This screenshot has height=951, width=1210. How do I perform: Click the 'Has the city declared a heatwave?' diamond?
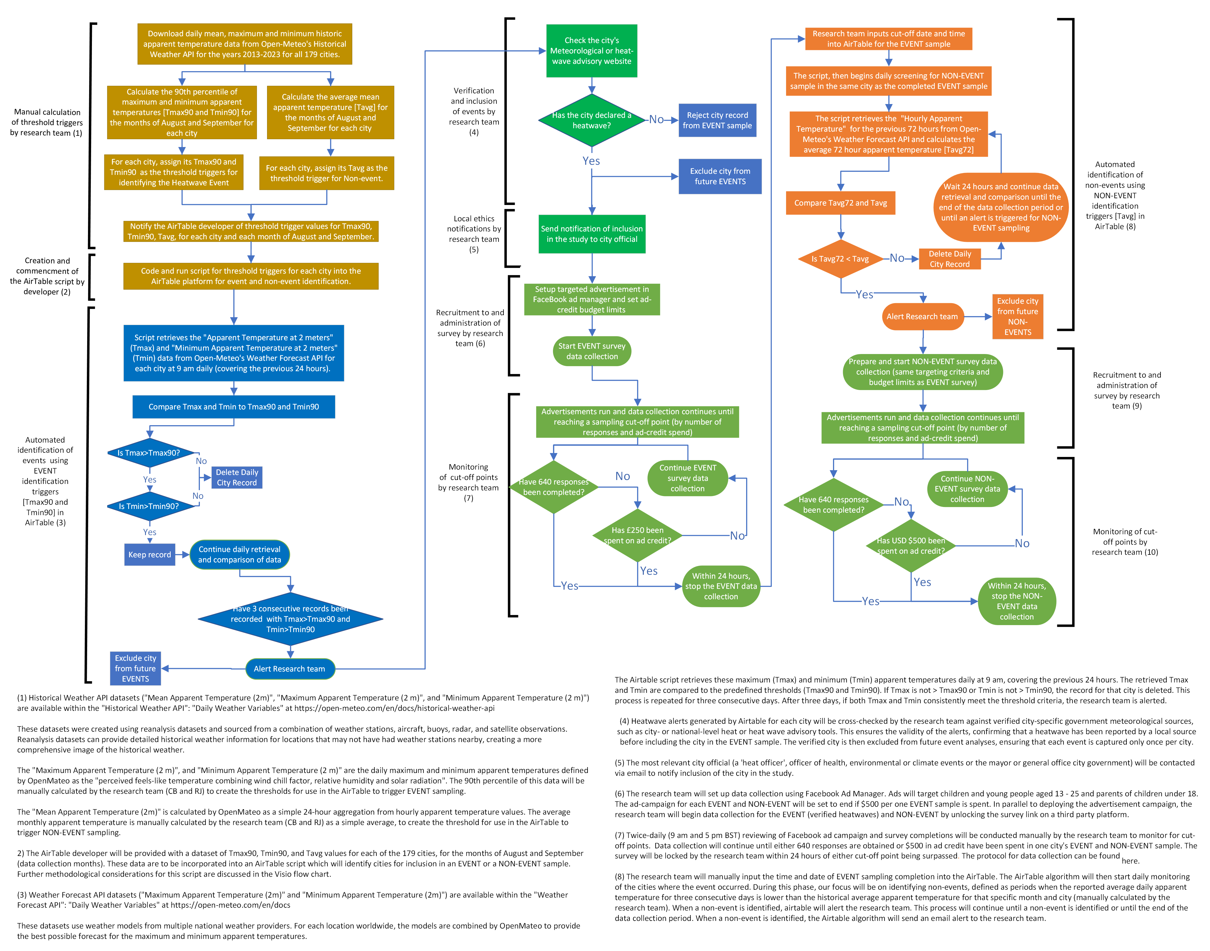[591, 120]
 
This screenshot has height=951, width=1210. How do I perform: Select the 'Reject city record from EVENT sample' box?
[717, 120]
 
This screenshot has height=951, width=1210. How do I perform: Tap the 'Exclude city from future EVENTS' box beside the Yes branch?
[720, 177]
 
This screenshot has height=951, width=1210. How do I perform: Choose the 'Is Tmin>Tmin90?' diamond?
[149, 506]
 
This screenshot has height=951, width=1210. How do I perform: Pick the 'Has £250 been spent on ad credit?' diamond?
[637, 536]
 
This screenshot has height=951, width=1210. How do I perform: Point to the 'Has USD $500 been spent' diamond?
[911, 546]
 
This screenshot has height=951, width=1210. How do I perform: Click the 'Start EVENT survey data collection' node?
[592, 351]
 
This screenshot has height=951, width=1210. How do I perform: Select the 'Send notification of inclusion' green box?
[592, 234]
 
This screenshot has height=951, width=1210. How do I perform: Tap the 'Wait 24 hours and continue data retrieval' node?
[1001, 207]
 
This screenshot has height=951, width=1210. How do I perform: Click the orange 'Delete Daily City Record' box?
[949, 259]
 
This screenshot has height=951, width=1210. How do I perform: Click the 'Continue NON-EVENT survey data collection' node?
[967, 489]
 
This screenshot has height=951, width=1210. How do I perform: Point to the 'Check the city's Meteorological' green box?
[592, 51]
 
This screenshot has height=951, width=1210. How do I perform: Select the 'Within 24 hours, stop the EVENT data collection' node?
[721, 586]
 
